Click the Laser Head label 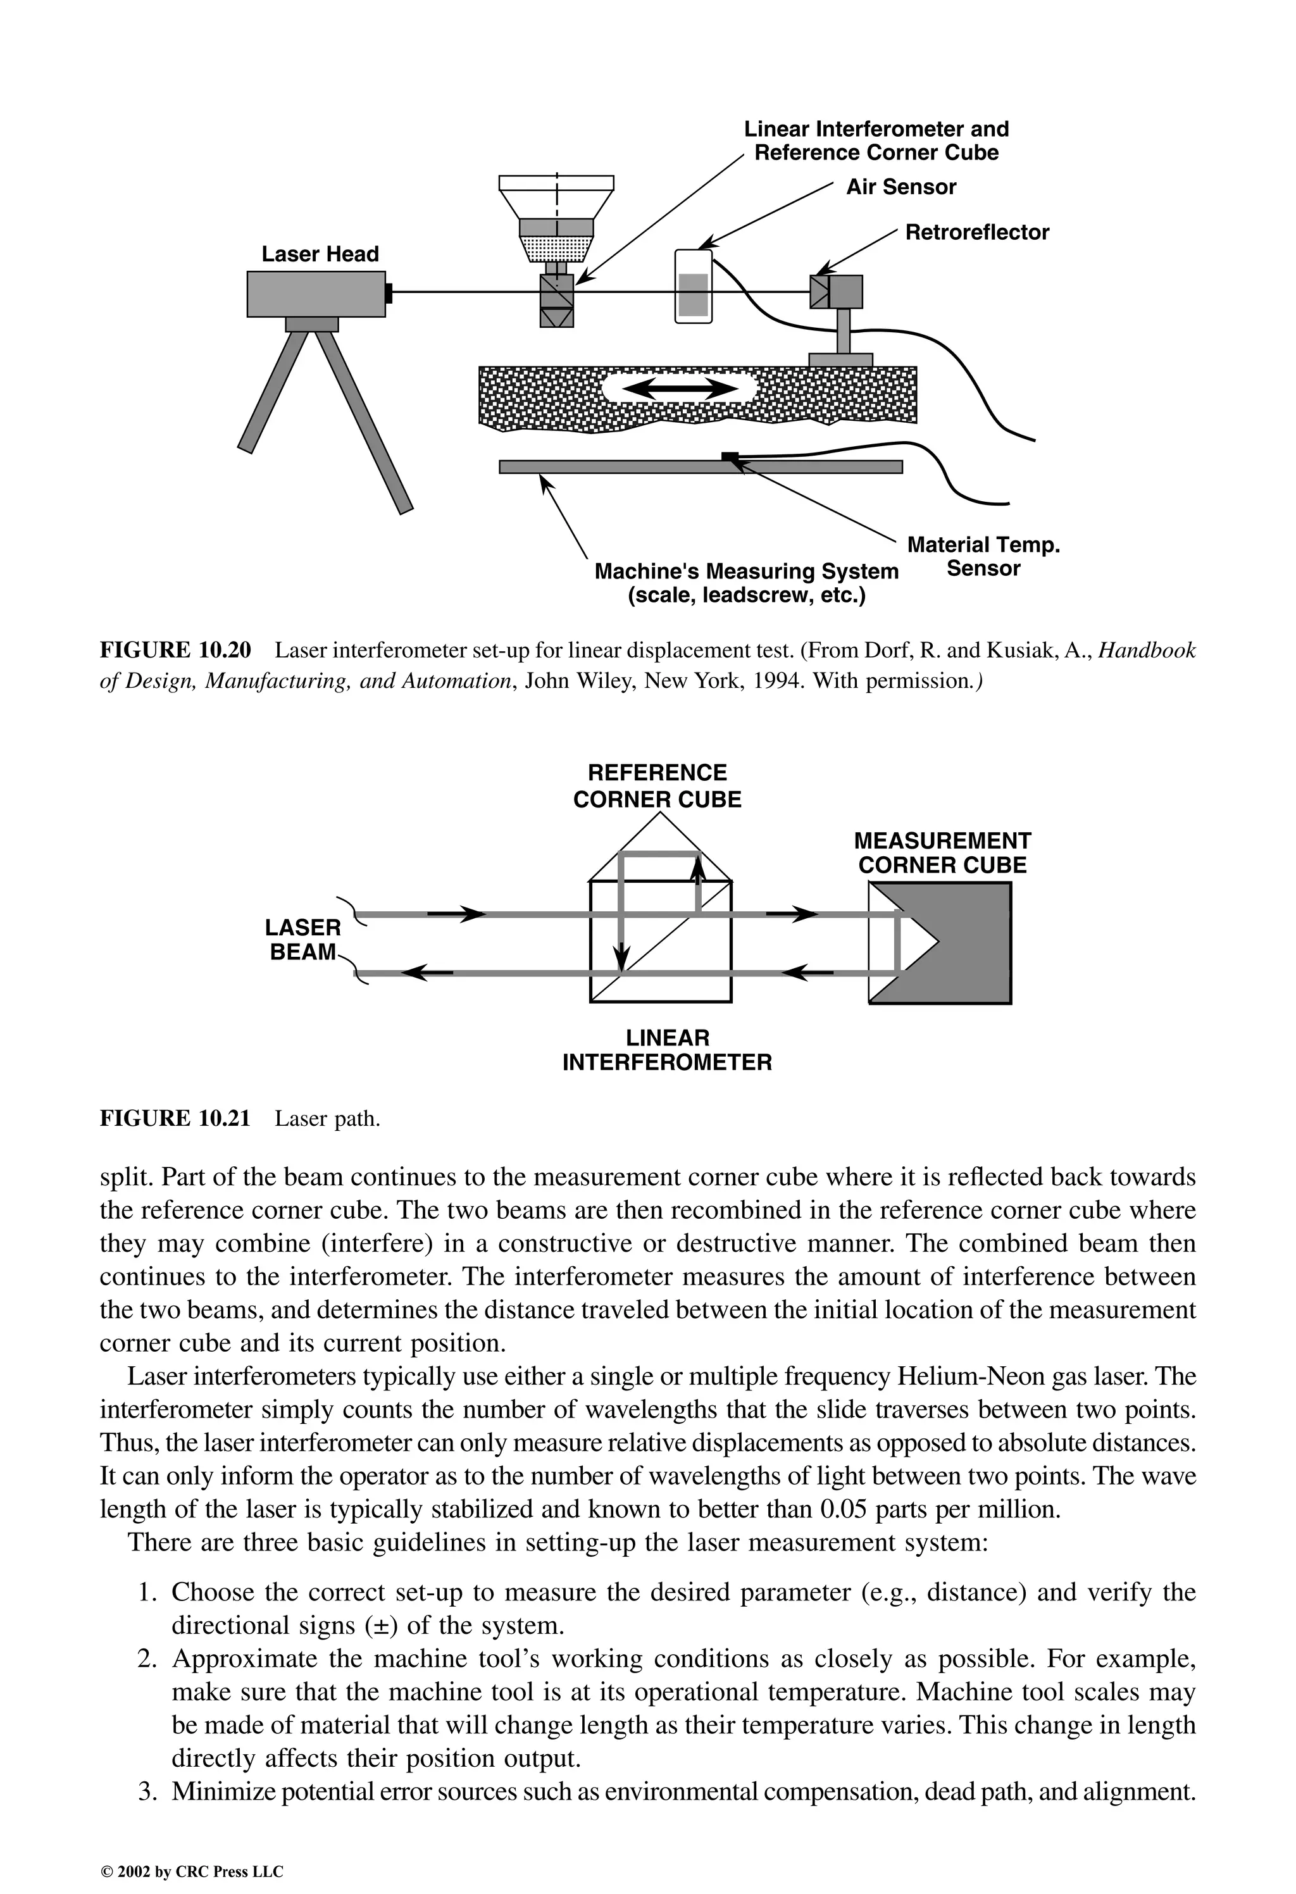pos(320,254)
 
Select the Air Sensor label pos(900,187)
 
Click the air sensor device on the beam pos(693,287)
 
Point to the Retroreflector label pos(976,233)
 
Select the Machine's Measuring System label pos(746,583)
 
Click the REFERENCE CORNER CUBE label pos(657,787)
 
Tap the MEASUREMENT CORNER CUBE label pos(942,853)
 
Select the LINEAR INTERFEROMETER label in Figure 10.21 pos(667,1050)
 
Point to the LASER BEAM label pos(302,940)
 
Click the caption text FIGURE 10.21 pos(175,1119)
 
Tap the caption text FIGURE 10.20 pos(175,651)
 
